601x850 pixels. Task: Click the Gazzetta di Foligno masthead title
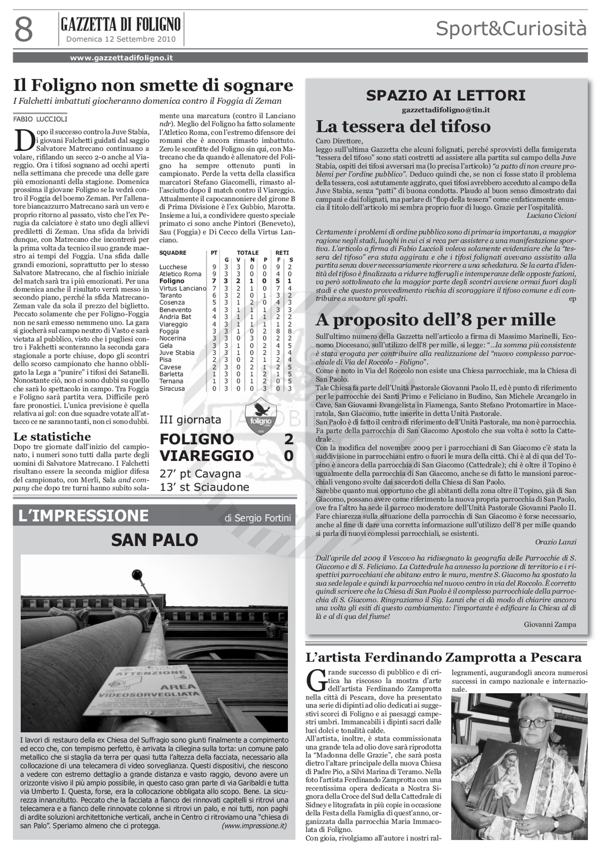click(x=121, y=25)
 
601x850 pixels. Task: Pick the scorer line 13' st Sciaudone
click(x=204, y=487)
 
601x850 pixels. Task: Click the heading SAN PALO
click(x=154, y=540)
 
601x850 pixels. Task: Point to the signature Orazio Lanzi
click(x=556, y=542)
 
